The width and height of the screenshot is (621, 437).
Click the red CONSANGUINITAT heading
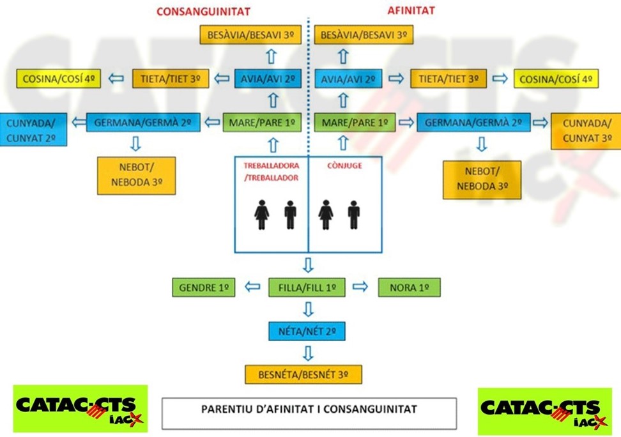tap(203, 11)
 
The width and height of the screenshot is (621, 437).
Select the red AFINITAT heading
tap(411, 11)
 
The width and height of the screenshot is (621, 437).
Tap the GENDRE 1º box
tap(204, 287)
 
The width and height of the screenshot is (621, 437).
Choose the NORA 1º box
tap(409, 287)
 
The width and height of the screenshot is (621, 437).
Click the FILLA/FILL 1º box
tap(307, 287)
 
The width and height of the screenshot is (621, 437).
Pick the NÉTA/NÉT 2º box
tap(307, 331)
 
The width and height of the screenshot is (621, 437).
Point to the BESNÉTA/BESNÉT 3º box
tap(303, 374)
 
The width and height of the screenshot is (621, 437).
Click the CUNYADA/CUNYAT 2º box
tap(33, 130)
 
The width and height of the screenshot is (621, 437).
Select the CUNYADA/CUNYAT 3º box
tap(586, 131)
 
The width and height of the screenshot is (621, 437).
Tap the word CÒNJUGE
tap(344, 165)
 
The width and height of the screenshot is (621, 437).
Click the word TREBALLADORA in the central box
tap(272, 165)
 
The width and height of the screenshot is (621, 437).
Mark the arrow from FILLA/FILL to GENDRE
tap(252, 286)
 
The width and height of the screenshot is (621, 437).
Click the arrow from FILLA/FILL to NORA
tap(360, 286)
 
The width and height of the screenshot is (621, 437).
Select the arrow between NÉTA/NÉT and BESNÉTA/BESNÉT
tap(308, 353)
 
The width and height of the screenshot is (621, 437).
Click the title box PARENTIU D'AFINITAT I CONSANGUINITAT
tap(309, 413)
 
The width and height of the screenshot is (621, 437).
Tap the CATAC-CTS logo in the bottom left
tap(80, 408)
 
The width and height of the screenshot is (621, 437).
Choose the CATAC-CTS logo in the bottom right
tap(545, 411)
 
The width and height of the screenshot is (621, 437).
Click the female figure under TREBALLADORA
tap(262, 215)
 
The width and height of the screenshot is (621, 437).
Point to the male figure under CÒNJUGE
tap(354, 215)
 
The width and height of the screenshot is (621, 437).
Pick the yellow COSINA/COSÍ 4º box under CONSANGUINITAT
tap(59, 79)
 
